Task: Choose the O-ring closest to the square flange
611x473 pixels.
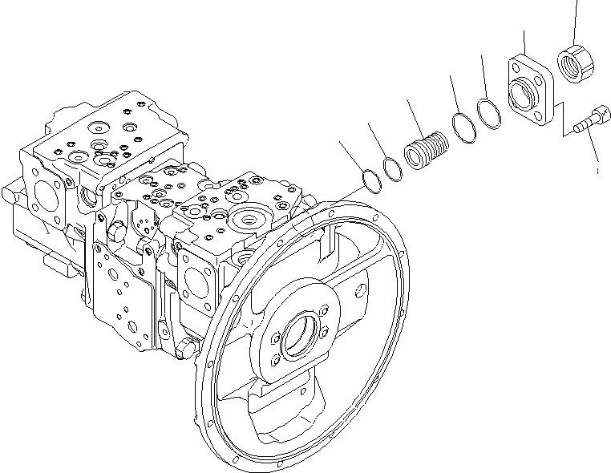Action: [489, 111]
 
